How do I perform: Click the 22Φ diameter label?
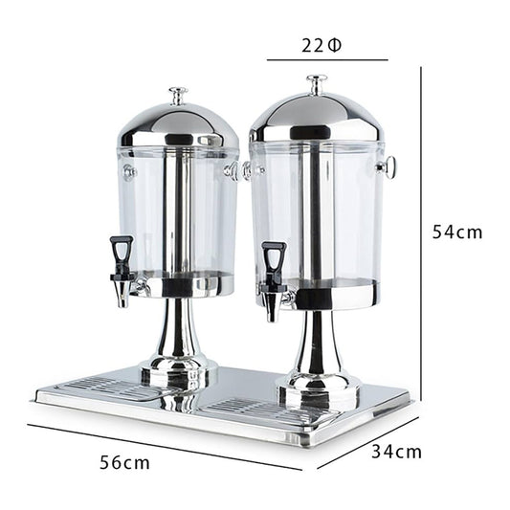coord(322,46)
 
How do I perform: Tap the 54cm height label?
coord(457,233)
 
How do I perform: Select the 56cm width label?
coord(124,462)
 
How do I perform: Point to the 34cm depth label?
coord(396,452)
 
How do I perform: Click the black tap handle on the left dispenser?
coord(122,250)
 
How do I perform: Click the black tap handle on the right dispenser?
coord(275,257)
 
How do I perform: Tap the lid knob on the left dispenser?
coord(178,96)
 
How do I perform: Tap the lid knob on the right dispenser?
coord(317,84)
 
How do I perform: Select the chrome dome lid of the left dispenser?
coord(178,125)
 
